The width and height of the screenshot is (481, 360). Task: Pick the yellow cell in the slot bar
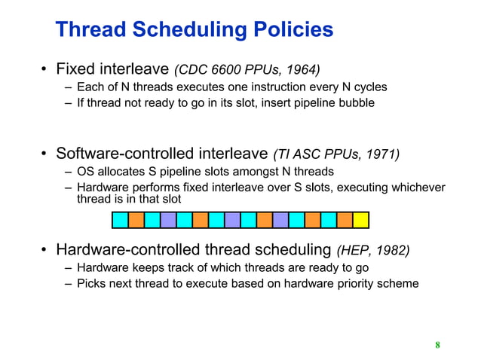pos(360,220)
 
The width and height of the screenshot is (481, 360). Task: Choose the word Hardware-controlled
pos(129,250)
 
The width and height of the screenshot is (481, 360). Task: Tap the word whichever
pos(418,188)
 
